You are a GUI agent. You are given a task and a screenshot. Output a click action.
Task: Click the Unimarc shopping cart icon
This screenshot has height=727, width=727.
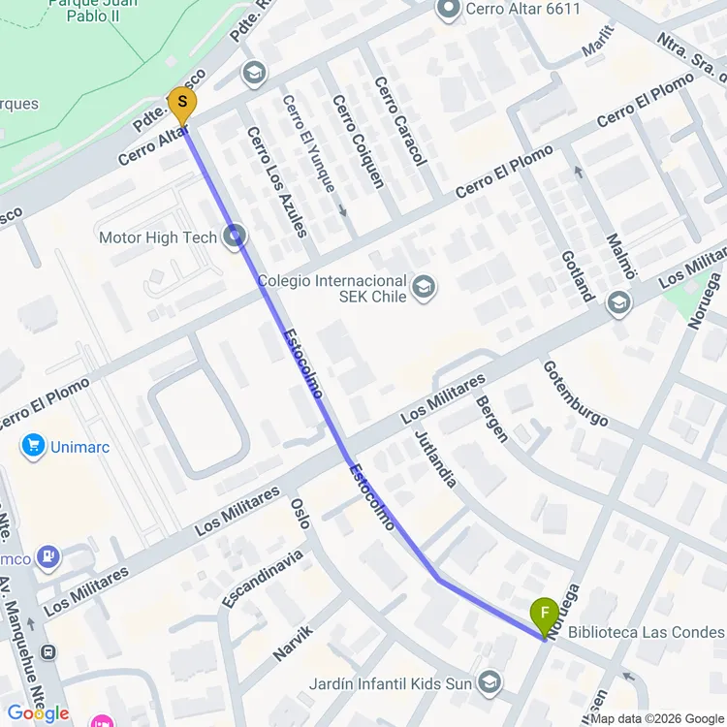[x=34, y=446]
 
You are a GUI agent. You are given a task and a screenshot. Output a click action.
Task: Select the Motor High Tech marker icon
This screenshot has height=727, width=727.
[x=235, y=237]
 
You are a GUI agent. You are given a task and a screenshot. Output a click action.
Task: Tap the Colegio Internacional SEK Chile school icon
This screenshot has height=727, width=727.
[x=424, y=287]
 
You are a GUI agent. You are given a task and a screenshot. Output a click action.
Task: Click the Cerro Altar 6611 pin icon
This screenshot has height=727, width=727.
[x=448, y=11]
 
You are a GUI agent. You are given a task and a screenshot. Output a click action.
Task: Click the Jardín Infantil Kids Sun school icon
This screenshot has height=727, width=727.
[x=491, y=683]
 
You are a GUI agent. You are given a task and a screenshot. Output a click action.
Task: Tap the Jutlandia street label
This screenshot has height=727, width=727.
[x=434, y=458]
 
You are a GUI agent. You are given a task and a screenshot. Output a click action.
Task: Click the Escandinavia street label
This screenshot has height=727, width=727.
[x=262, y=580]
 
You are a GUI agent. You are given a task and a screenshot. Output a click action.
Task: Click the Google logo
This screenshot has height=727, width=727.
[x=38, y=713]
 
